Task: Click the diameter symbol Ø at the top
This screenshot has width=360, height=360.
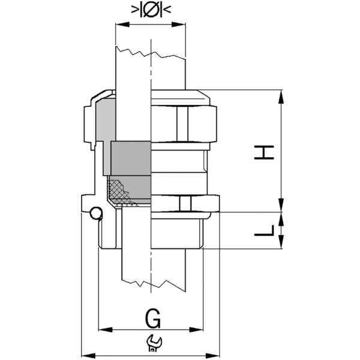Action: (x=150, y=10)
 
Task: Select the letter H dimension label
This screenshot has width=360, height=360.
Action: (x=264, y=151)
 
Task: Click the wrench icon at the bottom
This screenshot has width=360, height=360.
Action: (x=153, y=343)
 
